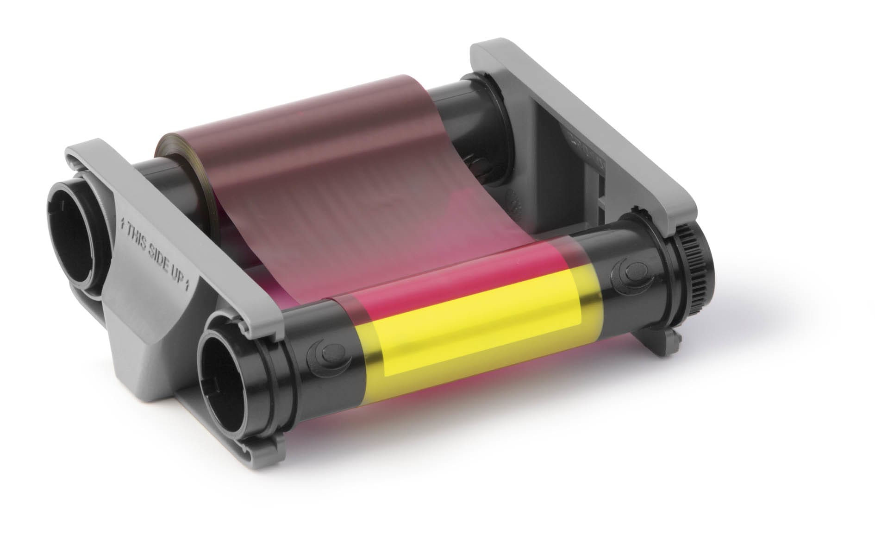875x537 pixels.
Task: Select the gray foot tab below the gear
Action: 657,343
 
